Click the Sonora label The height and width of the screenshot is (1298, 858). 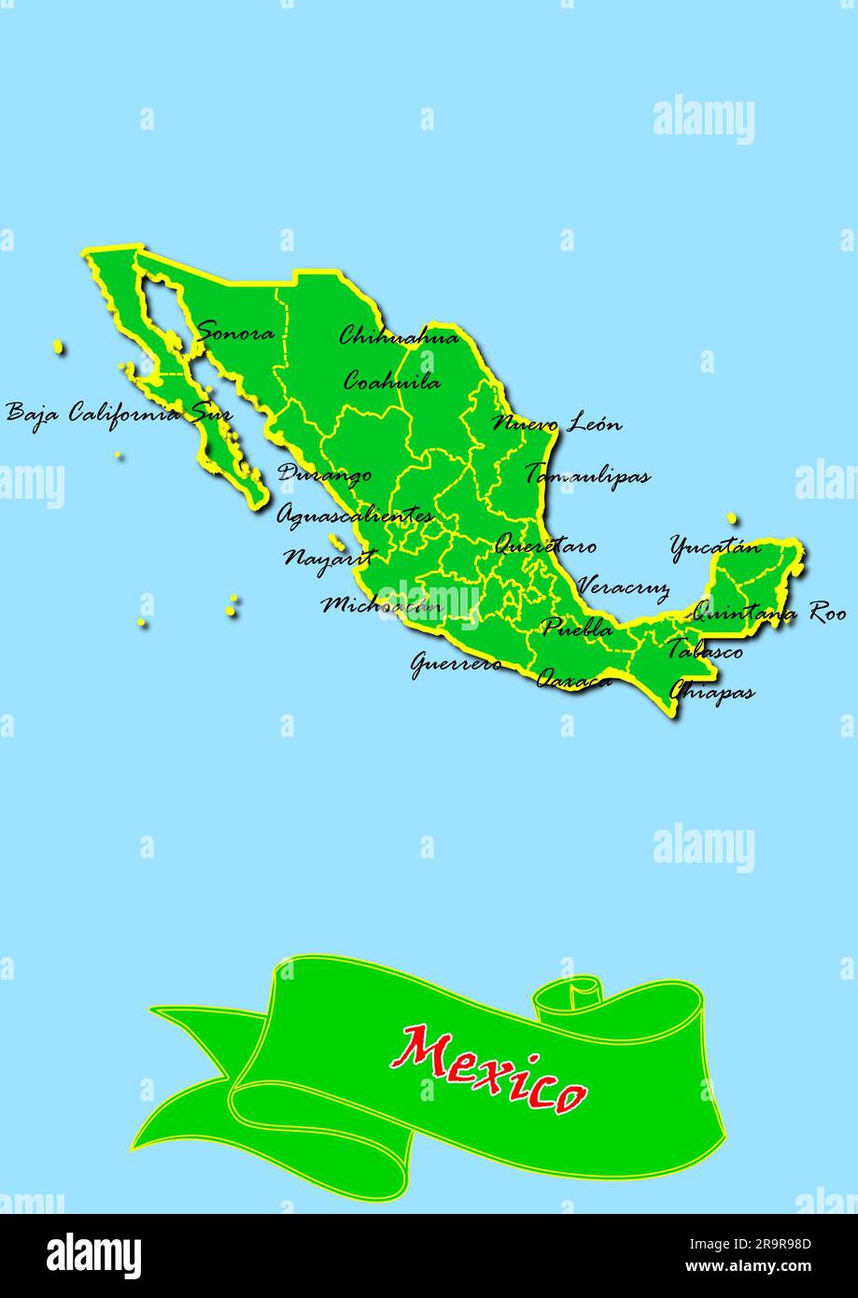pyautogui.click(x=236, y=333)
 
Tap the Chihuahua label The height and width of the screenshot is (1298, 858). pyautogui.click(x=399, y=336)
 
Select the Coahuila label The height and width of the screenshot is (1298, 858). pyautogui.click(x=392, y=381)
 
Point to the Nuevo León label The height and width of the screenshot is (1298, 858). pyautogui.click(x=556, y=424)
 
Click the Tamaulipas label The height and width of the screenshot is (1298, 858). pyautogui.click(x=587, y=474)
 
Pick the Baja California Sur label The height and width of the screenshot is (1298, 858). pyautogui.click(x=119, y=413)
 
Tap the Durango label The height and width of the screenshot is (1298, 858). pyautogui.click(x=325, y=474)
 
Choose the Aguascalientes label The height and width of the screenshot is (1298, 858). pyautogui.click(x=355, y=515)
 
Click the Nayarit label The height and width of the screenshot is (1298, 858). pyautogui.click(x=330, y=558)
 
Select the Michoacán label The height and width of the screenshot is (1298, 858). pyautogui.click(x=382, y=605)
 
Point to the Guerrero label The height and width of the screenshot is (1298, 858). pyautogui.click(x=457, y=664)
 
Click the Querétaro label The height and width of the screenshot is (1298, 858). pyautogui.click(x=545, y=545)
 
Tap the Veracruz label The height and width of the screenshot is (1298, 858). pyautogui.click(x=623, y=587)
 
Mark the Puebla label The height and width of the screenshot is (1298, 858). pyautogui.click(x=578, y=628)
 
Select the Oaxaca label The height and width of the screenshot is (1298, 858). pyautogui.click(x=574, y=679)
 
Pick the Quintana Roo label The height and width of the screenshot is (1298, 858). pyautogui.click(x=768, y=614)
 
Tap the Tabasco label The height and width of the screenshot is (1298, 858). pyautogui.click(x=704, y=650)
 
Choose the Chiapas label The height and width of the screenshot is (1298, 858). pyautogui.click(x=711, y=693)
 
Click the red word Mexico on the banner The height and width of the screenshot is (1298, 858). pyautogui.click(x=489, y=1068)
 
